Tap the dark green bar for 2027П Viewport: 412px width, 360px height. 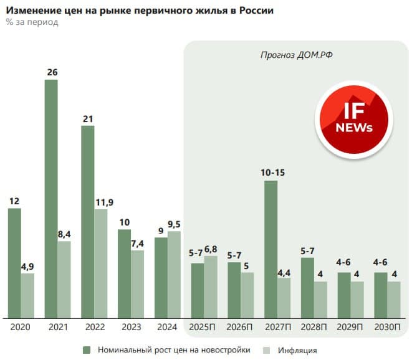[271, 249]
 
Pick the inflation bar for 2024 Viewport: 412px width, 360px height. [174, 274]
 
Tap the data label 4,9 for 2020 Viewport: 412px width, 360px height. [27, 266]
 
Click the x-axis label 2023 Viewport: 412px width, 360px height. [131, 327]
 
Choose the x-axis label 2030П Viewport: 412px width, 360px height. [388, 327]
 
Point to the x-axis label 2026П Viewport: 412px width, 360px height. [241, 327]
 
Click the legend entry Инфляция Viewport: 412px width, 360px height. [297, 349]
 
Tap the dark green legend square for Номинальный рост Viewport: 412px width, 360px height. [87, 349]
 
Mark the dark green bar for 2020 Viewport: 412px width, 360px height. [14, 262]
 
